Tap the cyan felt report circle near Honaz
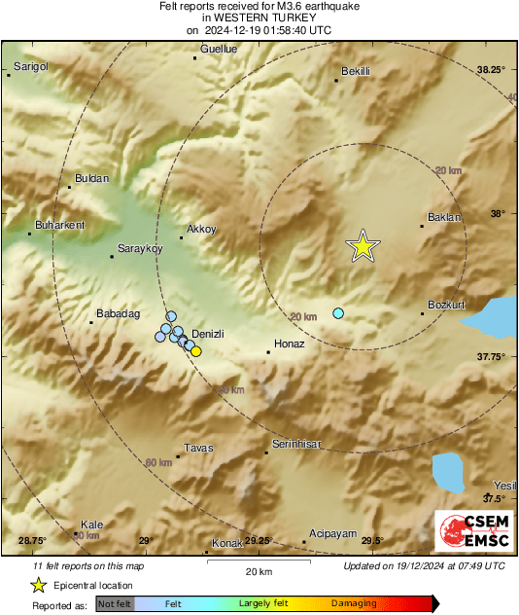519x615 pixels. pyautogui.click(x=338, y=312)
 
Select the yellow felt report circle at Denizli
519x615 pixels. pyautogui.click(x=196, y=351)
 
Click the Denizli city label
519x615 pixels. pyautogui.click(x=209, y=334)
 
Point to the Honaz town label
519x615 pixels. pyautogui.click(x=291, y=344)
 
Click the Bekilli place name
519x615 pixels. pyautogui.click(x=359, y=71)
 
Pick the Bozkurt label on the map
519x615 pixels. pyautogui.click(x=448, y=305)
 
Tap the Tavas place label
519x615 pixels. pyautogui.click(x=198, y=448)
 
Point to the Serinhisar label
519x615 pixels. pyautogui.click(x=297, y=444)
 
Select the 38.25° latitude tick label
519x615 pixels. pyautogui.click(x=491, y=70)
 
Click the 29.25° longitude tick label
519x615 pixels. pyautogui.click(x=258, y=541)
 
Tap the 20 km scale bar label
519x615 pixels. pyautogui.click(x=258, y=570)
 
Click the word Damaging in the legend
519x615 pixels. pyautogui.click(x=354, y=603)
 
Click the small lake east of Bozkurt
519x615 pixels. pyautogui.click(x=493, y=315)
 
